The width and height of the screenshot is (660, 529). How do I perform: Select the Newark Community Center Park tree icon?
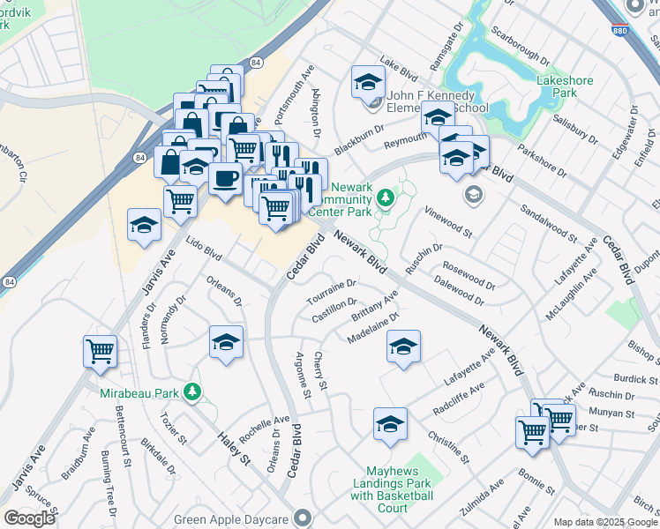pos(385,200)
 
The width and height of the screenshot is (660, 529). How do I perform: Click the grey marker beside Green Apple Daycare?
pos(304,518)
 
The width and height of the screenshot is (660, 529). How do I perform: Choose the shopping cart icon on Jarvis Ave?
pos(100,350)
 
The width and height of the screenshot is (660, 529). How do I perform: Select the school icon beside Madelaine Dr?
pos(403,346)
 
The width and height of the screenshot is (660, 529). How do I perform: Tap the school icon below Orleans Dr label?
pos(226,341)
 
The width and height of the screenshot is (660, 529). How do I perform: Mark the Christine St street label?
pos(450,449)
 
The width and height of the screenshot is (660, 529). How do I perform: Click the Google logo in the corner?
pos(29,518)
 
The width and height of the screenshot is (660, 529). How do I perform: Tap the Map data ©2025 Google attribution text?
pos(605,522)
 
